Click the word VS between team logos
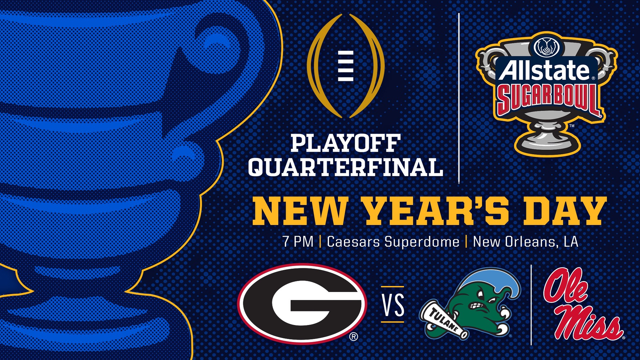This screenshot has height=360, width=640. (x=393, y=305)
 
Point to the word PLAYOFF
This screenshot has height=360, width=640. (x=345, y=143)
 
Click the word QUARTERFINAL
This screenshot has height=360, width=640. (x=346, y=167)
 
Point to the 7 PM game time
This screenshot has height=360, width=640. (x=298, y=242)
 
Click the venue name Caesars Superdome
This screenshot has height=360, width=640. (x=393, y=242)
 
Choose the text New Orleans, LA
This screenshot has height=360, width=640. (x=526, y=242)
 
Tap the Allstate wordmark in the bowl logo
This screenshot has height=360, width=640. (x=545, y=70)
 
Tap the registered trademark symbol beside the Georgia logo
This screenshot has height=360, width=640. (x=354, y=337)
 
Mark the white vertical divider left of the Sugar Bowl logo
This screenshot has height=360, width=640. (x=459, y=99)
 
